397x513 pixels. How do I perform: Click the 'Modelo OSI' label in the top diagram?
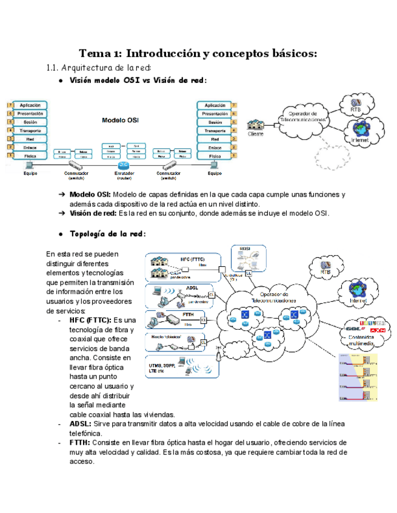tap(120, 120)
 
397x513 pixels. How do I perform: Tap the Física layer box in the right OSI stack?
tap(215, 155)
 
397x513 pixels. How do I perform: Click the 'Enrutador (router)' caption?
tap(124, 176)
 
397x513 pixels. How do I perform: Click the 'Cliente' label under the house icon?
tap(256, 134)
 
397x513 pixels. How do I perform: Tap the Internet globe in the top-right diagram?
tap(360, 131)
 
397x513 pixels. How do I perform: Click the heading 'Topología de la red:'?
tap(108, 234)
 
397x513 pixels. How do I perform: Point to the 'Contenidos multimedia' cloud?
tap(364, 332)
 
